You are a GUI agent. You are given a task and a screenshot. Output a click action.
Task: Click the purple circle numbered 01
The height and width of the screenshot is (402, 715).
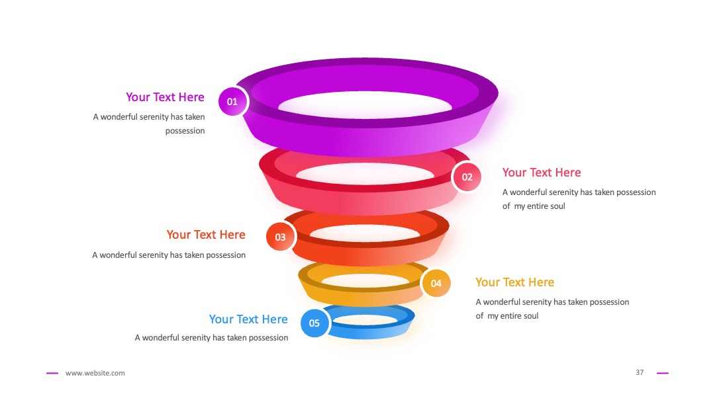233,101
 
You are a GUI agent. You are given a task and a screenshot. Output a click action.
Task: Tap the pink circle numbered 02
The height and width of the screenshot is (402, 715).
467,177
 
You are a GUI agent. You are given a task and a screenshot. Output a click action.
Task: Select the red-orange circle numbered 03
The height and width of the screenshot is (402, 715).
281,237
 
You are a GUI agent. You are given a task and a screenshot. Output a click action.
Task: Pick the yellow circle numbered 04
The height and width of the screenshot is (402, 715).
436,283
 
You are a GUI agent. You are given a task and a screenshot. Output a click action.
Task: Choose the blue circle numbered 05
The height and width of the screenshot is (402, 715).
314,323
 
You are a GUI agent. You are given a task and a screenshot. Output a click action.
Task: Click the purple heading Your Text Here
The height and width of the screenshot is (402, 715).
165,97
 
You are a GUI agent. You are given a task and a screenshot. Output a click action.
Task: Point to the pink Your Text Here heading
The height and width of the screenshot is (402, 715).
542,173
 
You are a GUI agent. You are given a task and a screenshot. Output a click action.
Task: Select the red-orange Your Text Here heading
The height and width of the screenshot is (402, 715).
206,235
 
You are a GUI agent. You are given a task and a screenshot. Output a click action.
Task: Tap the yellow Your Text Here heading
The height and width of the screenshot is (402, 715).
515,282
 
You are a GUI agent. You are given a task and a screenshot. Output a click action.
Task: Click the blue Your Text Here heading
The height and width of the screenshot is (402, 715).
248,319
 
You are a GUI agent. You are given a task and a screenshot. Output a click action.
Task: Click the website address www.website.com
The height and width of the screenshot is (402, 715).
95,373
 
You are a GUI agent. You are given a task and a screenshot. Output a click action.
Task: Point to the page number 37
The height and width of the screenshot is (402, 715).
640,372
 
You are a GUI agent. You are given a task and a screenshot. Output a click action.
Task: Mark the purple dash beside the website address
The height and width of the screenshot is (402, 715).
52,374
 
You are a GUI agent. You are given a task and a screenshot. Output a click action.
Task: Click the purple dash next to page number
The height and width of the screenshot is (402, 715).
663,374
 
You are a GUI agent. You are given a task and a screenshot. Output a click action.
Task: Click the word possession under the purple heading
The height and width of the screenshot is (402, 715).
185,131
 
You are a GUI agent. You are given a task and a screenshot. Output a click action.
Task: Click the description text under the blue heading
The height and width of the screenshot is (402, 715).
211,338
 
